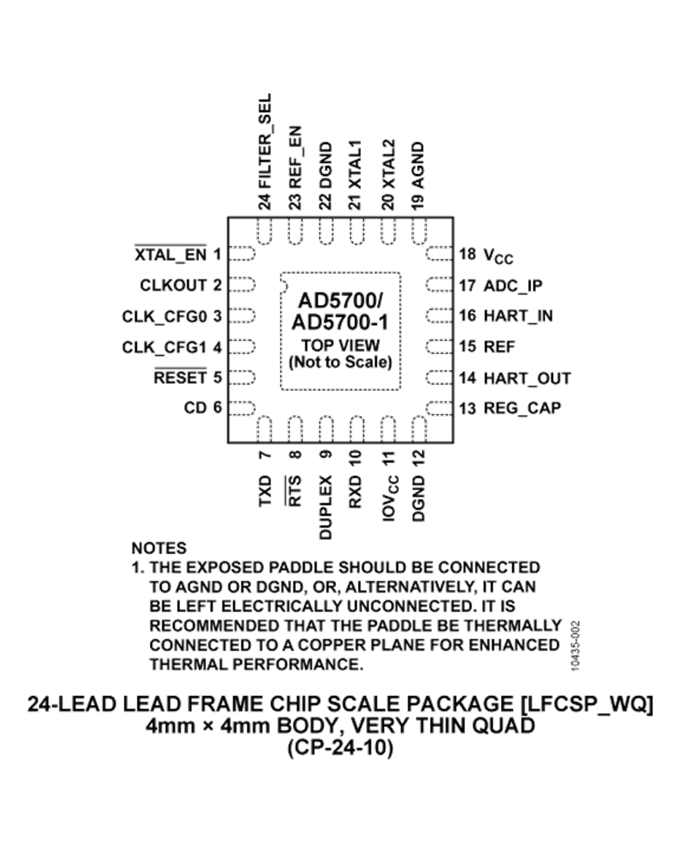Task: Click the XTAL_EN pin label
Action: click(170, 254)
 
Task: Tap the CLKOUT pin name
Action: click(174, 286)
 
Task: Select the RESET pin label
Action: click(180, 378)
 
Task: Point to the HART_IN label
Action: click(518, 316)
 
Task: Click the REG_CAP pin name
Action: click(522, 408)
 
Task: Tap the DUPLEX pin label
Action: click(325, 507)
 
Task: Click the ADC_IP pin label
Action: click(513, 286)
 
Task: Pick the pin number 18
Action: click(468, 254)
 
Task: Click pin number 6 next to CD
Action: click(217, 407)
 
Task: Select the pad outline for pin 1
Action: click(242, 254)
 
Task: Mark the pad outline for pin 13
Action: click(439, 408)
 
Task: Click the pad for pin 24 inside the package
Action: click(265, 232)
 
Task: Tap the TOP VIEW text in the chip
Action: click(340, 345)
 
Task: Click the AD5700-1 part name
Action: click(340, 323)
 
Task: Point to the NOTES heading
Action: click(159, 548)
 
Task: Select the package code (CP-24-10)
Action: click(340, 748)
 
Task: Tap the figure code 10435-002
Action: click(576, 646)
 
